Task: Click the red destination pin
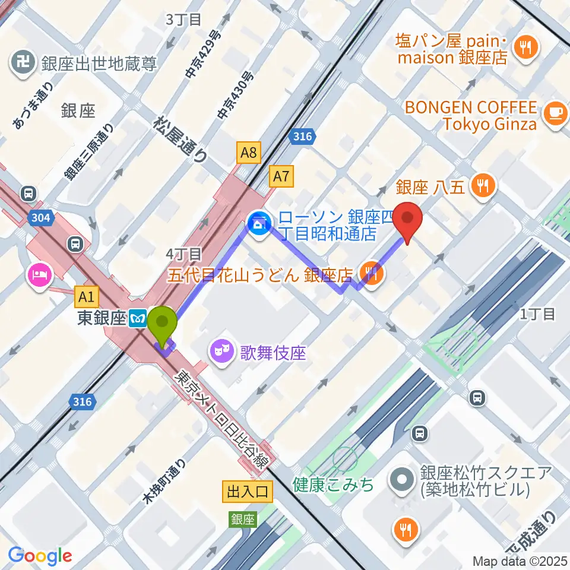pyautogui.click(x=408, y=220)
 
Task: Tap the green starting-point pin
pyautogui.click(x=161, y=326)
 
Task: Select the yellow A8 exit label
pyautogui.click(x=249, y=154)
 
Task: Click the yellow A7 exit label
pyautogui.click(x=281, y=175)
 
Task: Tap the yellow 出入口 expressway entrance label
pyautogui.click(x=248, y=491)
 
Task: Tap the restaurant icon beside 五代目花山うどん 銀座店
pyautogui.click(x=372, y=274)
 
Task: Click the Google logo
pyautogui.click(x=40, y=556)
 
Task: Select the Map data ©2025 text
pyautogui.click(x=519, y=560)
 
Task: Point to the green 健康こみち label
pyautogui.click(x=334, y=484)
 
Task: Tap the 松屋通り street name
pyautogui.click(x=181, y=139)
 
